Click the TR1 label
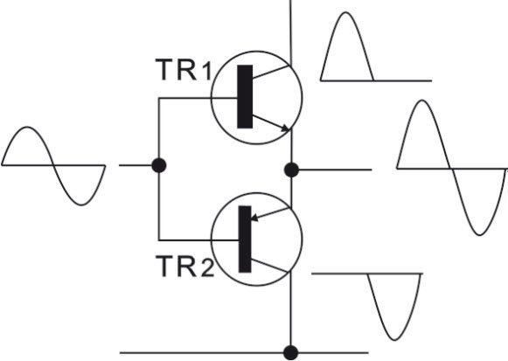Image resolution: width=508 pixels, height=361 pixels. (x=184, y=70)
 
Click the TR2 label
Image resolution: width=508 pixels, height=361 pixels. (x=184, y=266)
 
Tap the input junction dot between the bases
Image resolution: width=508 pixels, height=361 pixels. (x=159, y=165)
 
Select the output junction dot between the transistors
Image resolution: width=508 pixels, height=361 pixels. (x=291, y=170)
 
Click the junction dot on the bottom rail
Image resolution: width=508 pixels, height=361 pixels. (x=290, y=353)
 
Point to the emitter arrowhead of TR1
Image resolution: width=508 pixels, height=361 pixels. (x=285, y=128)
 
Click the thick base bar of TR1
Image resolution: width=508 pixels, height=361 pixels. (x=245, y=96)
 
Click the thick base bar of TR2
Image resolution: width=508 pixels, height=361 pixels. (x=245, y=239)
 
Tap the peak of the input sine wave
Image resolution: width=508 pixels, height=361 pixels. (x=27, y=127)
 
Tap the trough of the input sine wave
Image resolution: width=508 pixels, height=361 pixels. (x=81, y=205)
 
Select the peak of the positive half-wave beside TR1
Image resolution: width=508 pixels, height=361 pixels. (x=346, y=12)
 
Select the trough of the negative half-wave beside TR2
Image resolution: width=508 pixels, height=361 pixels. (x=394, y=340)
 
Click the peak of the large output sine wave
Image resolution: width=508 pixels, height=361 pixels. (x=421, y=101)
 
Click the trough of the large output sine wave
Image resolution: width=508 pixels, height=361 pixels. (x=479, y=235)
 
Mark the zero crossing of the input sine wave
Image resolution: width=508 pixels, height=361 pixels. (x=54, y=165)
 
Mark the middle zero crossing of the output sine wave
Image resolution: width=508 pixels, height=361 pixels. (x=450, y=169)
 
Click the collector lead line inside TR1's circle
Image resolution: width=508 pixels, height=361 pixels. (x=270, y=73)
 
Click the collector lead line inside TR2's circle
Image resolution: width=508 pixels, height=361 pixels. (x=269, y=265)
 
